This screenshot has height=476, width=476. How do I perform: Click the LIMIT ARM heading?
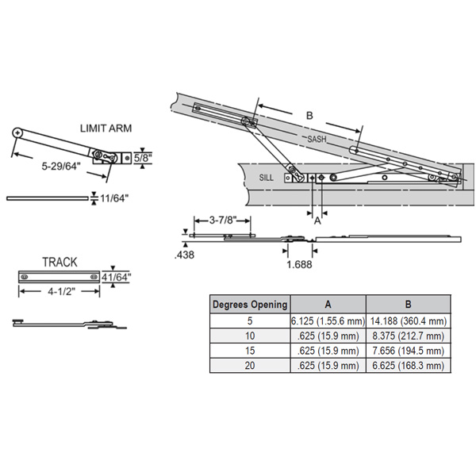pyautogui.click(x=106, y=128)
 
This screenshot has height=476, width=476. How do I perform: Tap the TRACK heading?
pyautogui.click(x=59, y=261)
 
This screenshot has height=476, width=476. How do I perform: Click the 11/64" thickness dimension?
pyautogui.click(x=113, y=198)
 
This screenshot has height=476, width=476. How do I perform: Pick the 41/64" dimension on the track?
pyautogui.click(x=118, y=277)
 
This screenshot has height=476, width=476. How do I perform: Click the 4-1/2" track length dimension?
pyautogui.click(x=59, y=291)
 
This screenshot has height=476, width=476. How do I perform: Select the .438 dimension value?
pyautogui.click(x=183, y=255)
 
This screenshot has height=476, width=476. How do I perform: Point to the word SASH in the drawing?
pyautogui.click(x=317, y=139)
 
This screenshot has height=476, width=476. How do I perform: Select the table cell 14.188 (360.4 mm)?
pyautogui.click(x=408, y=321)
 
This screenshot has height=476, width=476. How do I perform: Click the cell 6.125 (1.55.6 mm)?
pyautogui.click(x=328, y=321)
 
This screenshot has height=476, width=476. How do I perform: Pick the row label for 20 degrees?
pyautogui.click(x=250, y=366)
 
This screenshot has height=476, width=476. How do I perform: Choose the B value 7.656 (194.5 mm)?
pyautogui.click(x=408, y=351)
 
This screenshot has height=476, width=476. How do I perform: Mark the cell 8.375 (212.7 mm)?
pyautogui.click(x=408, y=336)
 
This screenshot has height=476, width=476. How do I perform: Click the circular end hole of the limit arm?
pyautogui.click(x=18, y=133)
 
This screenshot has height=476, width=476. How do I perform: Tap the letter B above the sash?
pyautogui.click(x=309, y=116)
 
